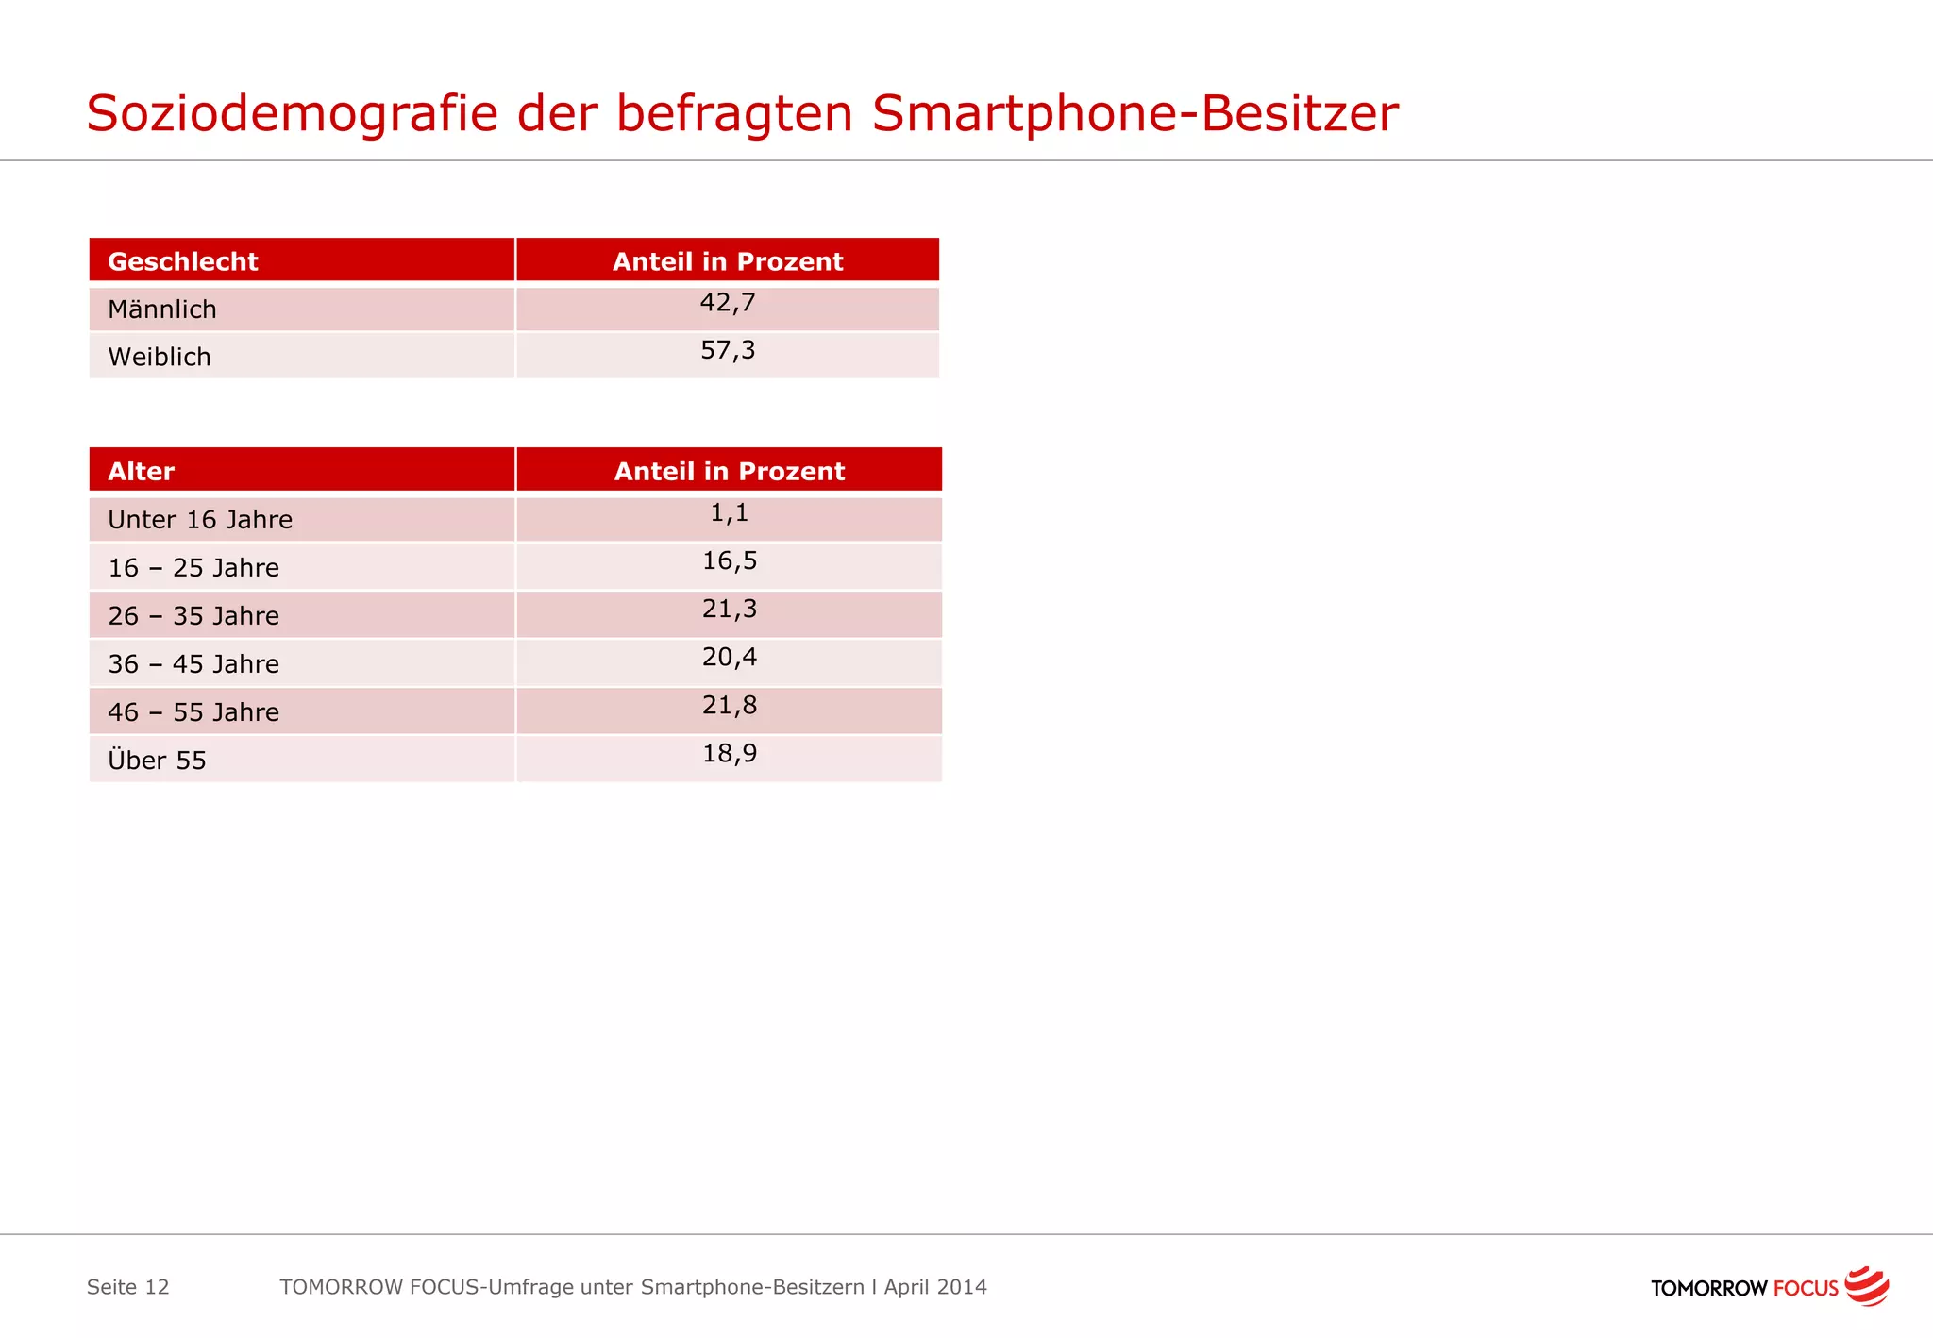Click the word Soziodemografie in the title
pos(292,114)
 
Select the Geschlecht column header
pos(183,261)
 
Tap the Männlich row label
pos(162,309)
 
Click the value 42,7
pos(728,303)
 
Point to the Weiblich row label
pos(160,357)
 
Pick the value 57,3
pos(728,351)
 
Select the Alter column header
pos(142,471)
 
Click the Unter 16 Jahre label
pos(200,520)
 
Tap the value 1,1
pos(729,513)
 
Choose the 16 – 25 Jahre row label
pos(193,568)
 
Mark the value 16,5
pos(730,561)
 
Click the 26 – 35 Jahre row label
pos(193,616)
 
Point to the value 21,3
pos(730,610)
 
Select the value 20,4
pos(730,658)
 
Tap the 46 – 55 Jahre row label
pos(193,712)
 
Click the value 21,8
pos(730,706)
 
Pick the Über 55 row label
pos(157,761)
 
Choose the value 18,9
pos(730,754)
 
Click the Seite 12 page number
pos(128,1287)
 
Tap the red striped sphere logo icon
pos(1867,1286)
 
